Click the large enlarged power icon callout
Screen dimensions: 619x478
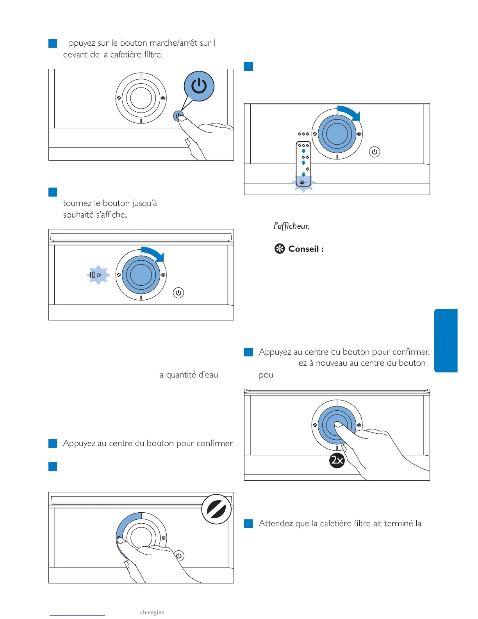[199, 86]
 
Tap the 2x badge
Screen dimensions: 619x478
[337, 460]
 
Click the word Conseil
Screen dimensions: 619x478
[303, 249]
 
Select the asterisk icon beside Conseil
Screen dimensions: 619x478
[280, 249]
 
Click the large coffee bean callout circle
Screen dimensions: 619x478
[216, 509]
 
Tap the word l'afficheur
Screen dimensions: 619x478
[291, 226]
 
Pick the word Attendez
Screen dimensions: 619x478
[276, 523]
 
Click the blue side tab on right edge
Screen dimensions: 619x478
[446, 340]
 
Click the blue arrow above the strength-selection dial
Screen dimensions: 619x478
[349, 113]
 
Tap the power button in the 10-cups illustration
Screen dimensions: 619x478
[178, 293]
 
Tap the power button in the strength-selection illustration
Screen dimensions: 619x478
[375, 152]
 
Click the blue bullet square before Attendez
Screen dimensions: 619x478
[248, 524]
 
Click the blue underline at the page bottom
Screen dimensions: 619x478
[77, 615]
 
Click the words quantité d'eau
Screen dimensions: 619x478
[192, 375]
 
